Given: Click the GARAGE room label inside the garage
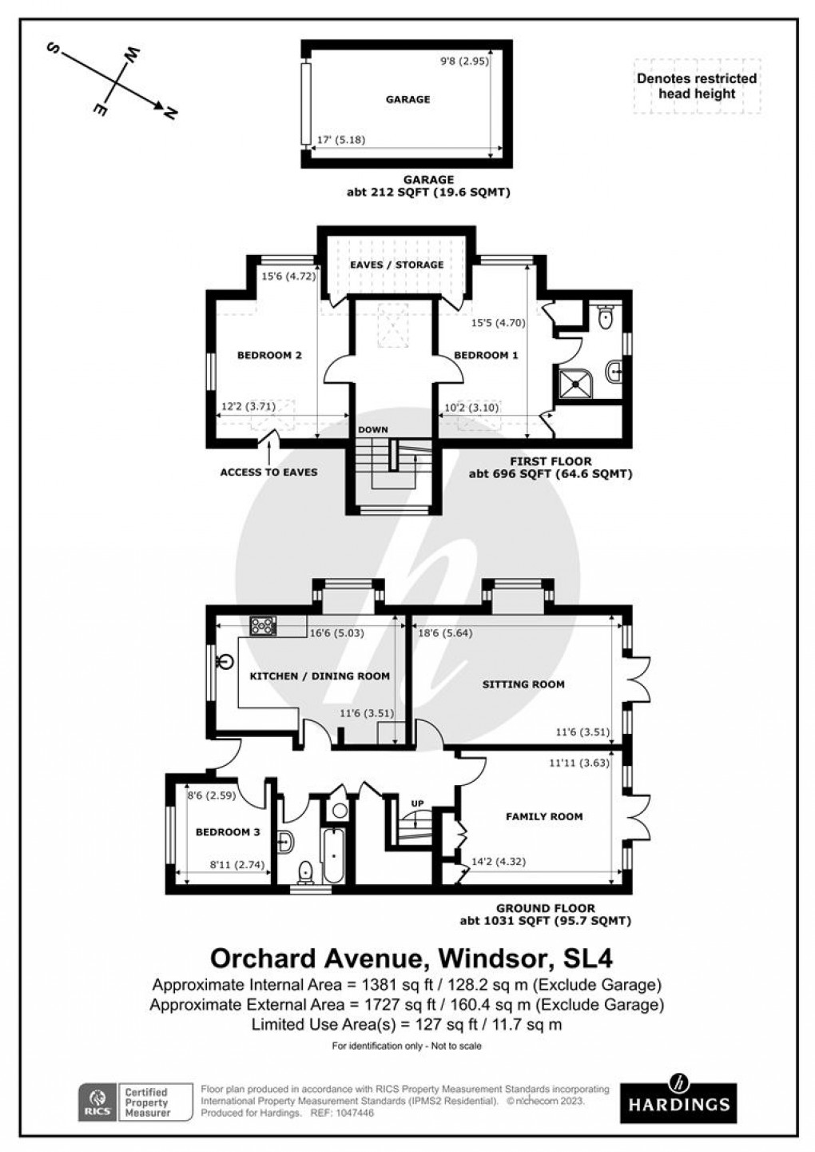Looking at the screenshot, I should click(x=407, y=100).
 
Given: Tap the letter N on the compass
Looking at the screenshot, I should click(x=169, y=113).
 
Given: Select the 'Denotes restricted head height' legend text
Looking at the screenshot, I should click(x=696, y=86).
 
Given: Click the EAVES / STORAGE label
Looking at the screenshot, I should click(x=396, y=265).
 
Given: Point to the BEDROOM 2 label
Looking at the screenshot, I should click(x=269, y=356).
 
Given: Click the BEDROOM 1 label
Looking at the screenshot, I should click(x=486, y=356).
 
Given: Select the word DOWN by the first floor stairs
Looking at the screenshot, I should click(x=373, y=430).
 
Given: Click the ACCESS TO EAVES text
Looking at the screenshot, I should click(x=268, y=472).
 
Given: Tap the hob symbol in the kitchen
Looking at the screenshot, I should click(x=262, y=626).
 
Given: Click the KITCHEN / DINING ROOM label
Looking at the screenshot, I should click(x=320, y=676).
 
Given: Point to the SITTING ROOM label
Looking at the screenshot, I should click(x=523, y=684).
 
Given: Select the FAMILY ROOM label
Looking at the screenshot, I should click(x=544, y=816).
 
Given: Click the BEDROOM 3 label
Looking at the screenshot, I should click(x=228, y=832).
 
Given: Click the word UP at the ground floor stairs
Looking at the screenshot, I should click(x=417, y=803).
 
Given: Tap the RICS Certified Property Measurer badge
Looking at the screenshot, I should click(x=136, y=1102).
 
